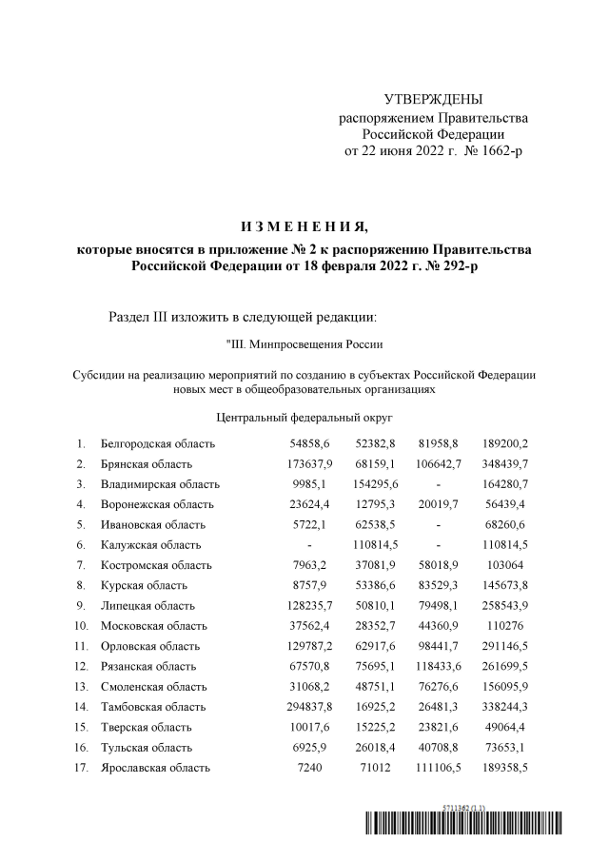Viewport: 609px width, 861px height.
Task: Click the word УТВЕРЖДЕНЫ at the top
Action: tap(433, 100)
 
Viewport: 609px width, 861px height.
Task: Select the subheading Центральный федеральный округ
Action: tap(304, 417)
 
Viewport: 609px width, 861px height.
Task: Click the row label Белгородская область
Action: tap(158, 444)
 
